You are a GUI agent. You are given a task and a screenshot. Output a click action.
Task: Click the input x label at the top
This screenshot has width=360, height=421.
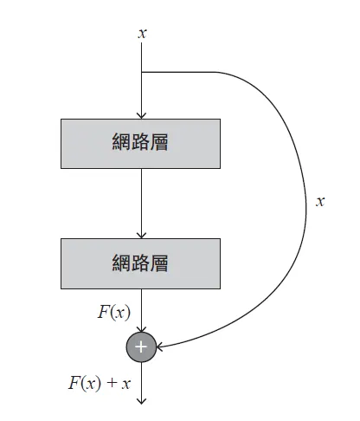142,33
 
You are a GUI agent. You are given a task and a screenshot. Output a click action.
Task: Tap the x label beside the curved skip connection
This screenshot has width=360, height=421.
320,201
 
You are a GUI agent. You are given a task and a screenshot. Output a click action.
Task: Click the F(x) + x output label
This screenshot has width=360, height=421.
99,383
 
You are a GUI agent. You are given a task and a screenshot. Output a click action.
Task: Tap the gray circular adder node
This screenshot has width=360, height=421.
141,347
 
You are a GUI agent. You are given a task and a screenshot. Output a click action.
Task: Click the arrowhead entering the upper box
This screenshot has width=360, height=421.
141,113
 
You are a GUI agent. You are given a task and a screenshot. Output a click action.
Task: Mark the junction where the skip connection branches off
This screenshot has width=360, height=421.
141,72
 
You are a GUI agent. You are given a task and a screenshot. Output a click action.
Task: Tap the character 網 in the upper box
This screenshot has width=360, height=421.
121,143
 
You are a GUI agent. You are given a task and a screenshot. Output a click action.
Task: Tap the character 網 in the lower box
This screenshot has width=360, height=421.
121,262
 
